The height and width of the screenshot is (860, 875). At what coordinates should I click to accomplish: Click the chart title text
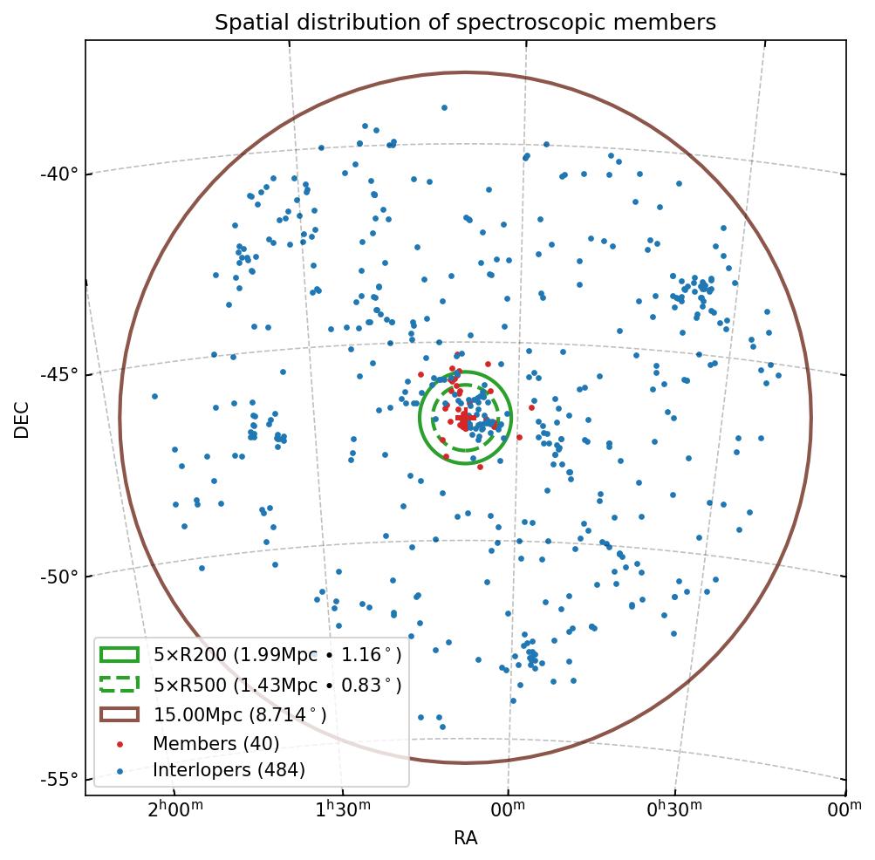coord(465,23)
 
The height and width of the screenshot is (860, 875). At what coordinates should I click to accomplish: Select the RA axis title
coord(465,839)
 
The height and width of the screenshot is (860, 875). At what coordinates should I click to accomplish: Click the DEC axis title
coord(22,419)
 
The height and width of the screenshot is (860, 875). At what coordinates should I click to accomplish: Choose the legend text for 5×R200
coord(277,655)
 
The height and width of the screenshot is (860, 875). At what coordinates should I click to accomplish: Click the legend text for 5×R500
coord(277,685)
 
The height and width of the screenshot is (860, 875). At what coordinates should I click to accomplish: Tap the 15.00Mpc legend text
coord(240,714)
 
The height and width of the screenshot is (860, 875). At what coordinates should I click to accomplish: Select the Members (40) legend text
coord(215,744)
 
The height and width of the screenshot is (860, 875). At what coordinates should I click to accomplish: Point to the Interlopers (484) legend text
coord(229,770)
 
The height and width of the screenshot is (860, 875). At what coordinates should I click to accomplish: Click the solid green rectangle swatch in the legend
coord(120,655)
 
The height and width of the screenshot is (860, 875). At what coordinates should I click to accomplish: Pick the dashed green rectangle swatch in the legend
coord(120,685)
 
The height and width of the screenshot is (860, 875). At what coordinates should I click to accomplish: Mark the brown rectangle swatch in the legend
coord(120,714)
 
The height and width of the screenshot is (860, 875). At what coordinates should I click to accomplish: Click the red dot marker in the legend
coord(120,744)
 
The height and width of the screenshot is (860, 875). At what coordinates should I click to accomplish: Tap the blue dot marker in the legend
coord(120,770)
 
